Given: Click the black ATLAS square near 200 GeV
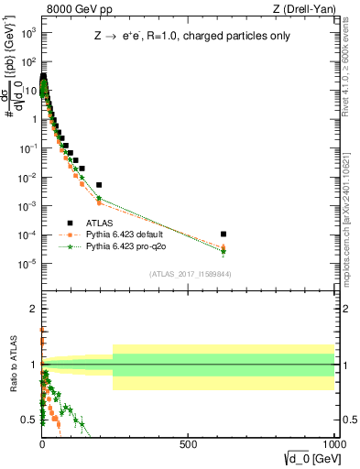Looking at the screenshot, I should [x=99, y=185].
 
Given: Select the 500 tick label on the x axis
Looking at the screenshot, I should [x=188, y=444].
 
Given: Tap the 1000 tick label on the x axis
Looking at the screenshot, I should [x=333, y=444].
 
